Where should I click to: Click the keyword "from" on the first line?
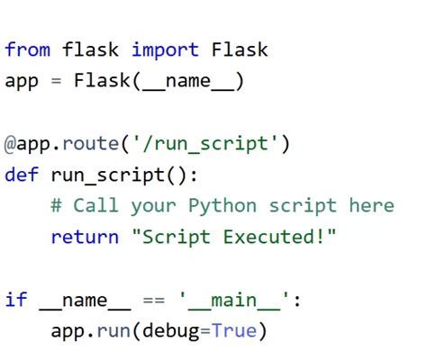click(27, 49)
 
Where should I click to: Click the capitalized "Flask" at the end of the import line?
click(239, 49)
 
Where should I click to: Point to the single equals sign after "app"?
click(55, 81)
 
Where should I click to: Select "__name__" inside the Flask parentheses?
click(188, 81)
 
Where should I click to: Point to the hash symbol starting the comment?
click(56, 206)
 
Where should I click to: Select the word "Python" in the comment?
click(223, 206)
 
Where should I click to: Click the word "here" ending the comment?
click(371, 206)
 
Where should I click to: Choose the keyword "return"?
click(84, 238)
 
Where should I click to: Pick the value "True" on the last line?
click(234, 331)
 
